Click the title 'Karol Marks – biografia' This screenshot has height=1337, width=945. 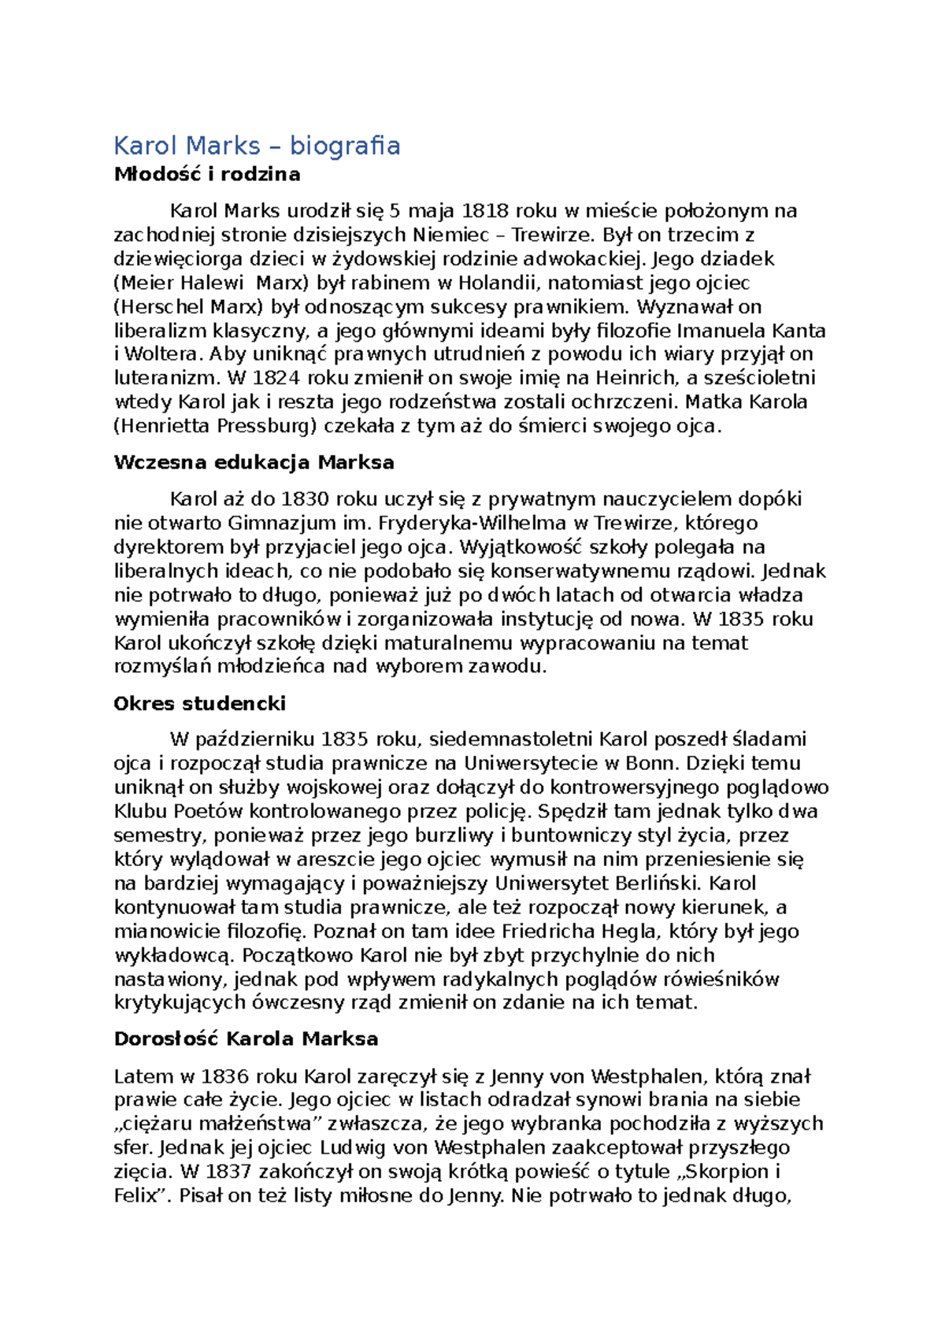[x=257, y=146]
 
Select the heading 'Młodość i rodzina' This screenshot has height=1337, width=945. [x=207, y=175]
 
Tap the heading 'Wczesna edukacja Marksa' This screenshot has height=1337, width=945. [x=254, y=462]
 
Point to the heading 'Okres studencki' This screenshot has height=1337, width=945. [x=199, y=703]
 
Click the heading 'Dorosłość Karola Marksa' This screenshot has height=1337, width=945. [x=246, y=1039]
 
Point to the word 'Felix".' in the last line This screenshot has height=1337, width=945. [x=143, y=1195]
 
